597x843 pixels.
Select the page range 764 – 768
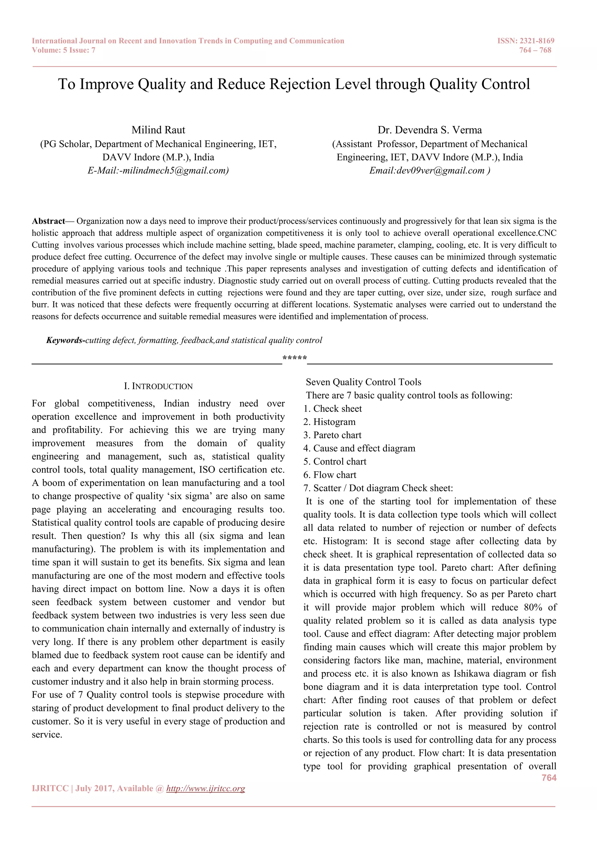pyautogui.click(x=535, y=50)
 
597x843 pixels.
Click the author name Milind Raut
pyautogui.click(x=159, y=130)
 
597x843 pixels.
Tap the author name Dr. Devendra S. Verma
pyautogui.click(x=429, y=130)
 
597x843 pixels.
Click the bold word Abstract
pyautogui.click(x=48, y=221)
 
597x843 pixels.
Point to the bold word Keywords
pyautogui.click(x=65, y=340)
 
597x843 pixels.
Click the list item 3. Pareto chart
pyautogui.click(x=332, y=435)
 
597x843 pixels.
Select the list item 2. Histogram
pyautogui.click(x=329, y=422)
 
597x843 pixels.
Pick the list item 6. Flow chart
pyautogui.click(x=330, y=475)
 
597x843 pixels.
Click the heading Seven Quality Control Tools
pyautogui.click(x=364, y=382)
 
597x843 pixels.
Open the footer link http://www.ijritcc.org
pyautogui.click(x=206, y=788)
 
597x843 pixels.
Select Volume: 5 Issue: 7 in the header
pyautogui.click(x=64, y=50)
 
